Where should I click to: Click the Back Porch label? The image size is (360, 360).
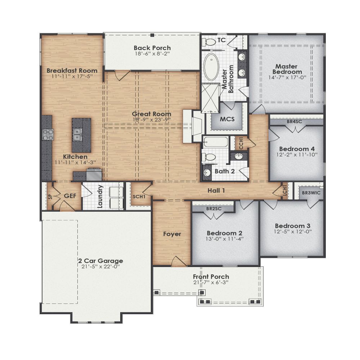click(x=152, y=48)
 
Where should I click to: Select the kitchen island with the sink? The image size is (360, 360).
click(x=81, y=135)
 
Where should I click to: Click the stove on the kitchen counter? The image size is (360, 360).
click(x=48, y=135)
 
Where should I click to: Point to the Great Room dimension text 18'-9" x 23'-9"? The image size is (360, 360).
click(x=151, y=120)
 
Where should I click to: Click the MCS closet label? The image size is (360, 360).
click(x=228, y=119)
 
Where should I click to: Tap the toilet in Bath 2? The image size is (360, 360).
click(x=209, y=157)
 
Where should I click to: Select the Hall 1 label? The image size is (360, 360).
click(x=216, y=190)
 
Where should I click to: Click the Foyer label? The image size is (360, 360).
click(x=172, y=234)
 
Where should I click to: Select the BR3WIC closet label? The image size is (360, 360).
click(x=310, y=193)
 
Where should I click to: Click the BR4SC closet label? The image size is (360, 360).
click(x=294, y=122)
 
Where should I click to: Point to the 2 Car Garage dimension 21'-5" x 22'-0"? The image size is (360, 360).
click(x=100, y=267)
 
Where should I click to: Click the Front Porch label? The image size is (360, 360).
click(x=211, y=276)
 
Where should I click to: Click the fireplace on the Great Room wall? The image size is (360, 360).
click(x=192, y=126)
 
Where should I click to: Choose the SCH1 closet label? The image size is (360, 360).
click(x=139, y=197)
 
